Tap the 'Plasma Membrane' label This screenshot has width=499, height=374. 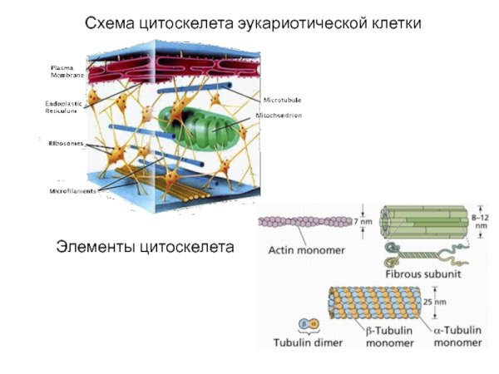click(x=67, y=71)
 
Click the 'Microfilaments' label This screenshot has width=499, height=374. click(x=73, y=191)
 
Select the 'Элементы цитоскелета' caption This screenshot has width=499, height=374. click(x=145, y=247)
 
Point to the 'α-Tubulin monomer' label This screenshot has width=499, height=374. click(x=457, y=336)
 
